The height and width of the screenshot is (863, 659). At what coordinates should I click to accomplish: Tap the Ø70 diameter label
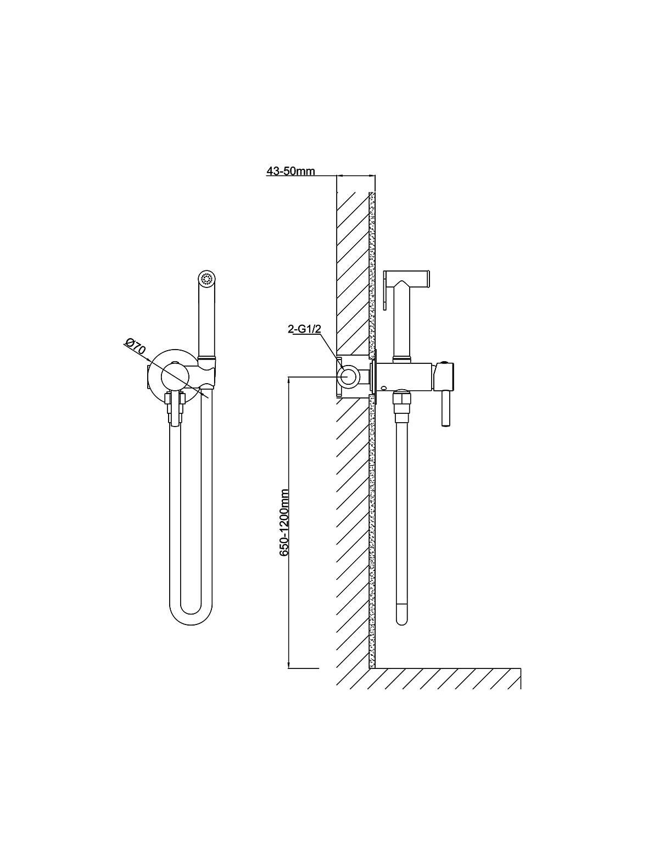tap(134, 347)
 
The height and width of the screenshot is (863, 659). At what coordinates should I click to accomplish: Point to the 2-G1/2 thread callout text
tap(305, 329)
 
